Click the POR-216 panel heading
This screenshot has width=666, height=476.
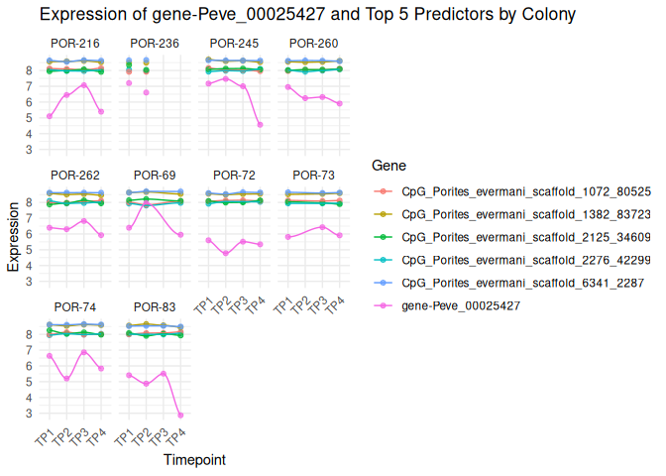coord(73,44)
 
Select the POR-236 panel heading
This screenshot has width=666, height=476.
coord(155,44)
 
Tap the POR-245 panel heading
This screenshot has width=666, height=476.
coord(235,44)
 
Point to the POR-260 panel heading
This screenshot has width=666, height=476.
coord(313,44)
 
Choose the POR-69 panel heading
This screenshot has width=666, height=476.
coord(155,176)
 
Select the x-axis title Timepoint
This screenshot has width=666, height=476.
coord(194,460)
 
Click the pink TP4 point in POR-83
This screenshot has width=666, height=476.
coord(179,416)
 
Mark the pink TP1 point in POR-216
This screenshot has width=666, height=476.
coord(50,116)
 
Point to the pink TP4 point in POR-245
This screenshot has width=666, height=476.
coord(260,125)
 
